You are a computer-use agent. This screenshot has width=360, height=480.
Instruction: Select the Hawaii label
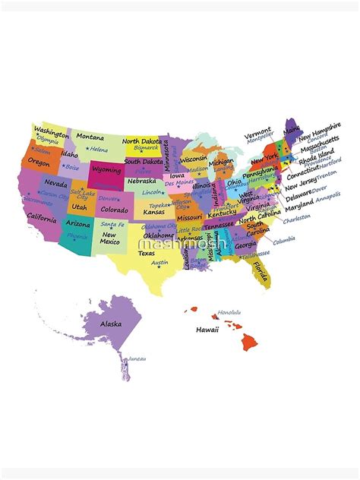coord(207,330)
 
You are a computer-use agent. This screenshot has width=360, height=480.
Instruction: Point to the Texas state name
coord(147,253)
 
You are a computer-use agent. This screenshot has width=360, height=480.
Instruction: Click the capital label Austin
coord(159,262)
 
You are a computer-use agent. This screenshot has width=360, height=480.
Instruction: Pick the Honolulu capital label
coord(229,312)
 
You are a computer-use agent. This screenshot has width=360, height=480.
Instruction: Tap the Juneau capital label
coord(137,358)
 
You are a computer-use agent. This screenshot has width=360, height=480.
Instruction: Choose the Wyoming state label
coord(106,170)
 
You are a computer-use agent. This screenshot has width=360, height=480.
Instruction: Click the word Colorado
coord(114,210)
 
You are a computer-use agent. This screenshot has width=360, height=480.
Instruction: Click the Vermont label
coord(258,131)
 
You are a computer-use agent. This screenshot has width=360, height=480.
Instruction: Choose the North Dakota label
coord(142,141)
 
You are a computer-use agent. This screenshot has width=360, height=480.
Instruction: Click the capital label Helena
coord(98,149)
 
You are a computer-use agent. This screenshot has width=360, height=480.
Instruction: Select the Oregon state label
coord(39,162)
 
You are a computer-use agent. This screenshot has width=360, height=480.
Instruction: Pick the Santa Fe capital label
coord(113,225)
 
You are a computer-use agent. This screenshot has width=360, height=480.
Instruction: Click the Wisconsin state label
coord(193,138)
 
